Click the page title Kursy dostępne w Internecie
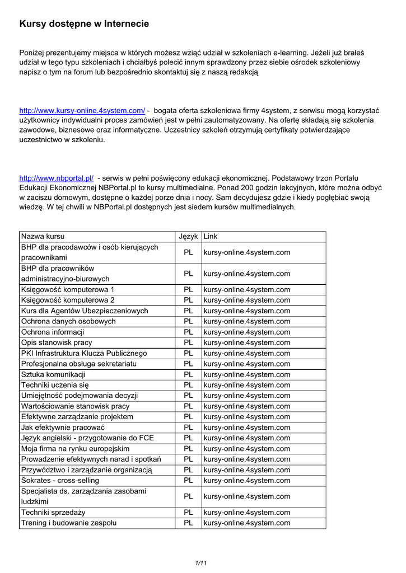(x=84, y=24)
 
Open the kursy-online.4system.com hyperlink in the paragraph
(x=82, y=110)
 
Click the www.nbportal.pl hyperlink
(x=56, y=178)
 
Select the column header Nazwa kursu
(x=46, y=237)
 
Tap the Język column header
(x=188, y=237)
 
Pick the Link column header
(x=211, y=237)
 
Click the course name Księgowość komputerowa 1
(x=68, y=289)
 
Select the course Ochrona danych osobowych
(x=68, y=321)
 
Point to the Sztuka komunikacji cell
(x=53, y=374)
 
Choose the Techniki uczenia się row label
(x=55, y=385)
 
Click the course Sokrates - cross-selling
(x=60, y=480)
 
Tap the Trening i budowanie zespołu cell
(x=69, y=523)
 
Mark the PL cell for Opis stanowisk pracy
(x=188, y=342)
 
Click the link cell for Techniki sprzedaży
(x=247, y=512)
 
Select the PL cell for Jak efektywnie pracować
(x=188, y=428)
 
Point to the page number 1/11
(x=201, y=562)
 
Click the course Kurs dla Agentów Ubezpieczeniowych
(x=85, y=311)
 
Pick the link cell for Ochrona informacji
(x=247, y=332)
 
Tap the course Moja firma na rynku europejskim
(x=75, y=449)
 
